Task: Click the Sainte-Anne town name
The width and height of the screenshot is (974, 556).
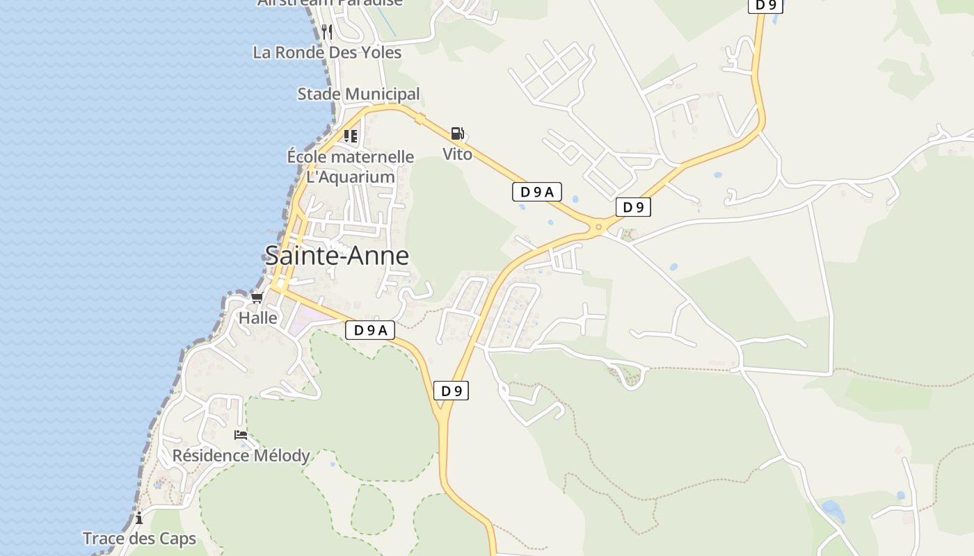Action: coord(337,256)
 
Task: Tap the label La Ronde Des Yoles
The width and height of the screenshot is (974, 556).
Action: coord(327,52)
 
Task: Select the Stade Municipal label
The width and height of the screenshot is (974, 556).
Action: coord(358,94)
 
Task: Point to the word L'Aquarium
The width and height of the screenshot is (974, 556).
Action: coord(351,177)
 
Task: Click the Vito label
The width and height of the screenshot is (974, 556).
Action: coord(458,154)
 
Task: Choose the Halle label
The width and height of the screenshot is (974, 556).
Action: coord(258,318)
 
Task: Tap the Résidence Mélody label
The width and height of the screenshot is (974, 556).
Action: coord(241,456)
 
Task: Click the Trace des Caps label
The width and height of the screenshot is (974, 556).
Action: coord(139,539)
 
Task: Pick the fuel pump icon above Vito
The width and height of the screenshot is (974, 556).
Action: coord(457,133)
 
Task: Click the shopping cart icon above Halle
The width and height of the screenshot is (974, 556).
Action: coord(257,298)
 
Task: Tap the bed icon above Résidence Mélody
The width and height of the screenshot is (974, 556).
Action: coord(241,435)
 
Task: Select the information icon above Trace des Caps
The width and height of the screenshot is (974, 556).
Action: coord(139,518)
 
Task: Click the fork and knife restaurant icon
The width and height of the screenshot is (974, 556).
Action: coord(327,31)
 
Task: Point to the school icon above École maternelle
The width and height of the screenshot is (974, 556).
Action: coord(351,136)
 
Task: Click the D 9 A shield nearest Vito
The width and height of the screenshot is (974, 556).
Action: coord(537,192)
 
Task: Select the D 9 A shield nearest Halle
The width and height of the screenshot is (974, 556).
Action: coord(370,330)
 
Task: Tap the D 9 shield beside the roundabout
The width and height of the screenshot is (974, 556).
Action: coord(633,207)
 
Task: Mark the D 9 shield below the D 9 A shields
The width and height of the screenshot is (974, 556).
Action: coord(452,391)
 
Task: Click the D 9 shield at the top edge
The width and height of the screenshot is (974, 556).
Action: coord(766,5)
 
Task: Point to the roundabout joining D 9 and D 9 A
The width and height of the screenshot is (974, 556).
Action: coord(598,227)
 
